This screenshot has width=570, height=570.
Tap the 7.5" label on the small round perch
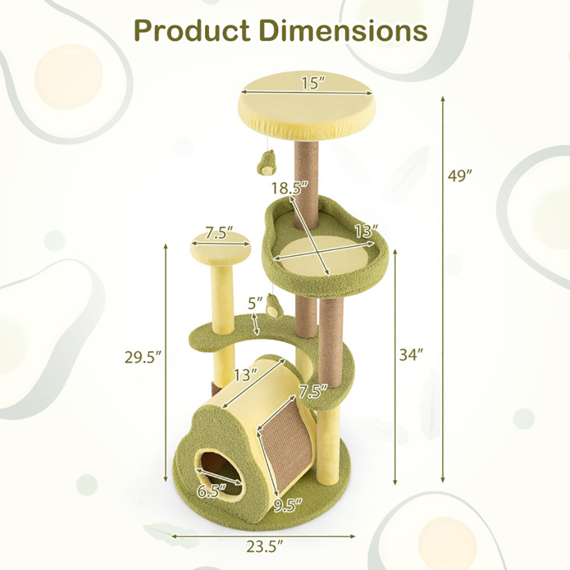click(219, 233)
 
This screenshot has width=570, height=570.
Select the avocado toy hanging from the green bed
click(274, 307)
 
